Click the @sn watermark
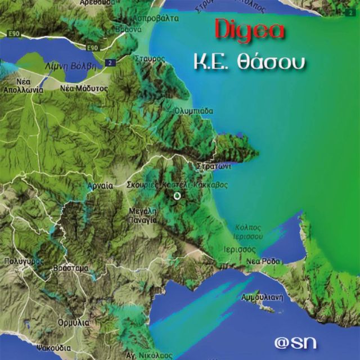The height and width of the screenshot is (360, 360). (295, 341)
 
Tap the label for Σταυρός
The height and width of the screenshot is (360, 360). (150, 58)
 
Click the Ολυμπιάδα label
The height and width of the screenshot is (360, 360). (193, 111)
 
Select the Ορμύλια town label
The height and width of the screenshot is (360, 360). (73, 323)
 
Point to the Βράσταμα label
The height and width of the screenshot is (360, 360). (70, 268)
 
